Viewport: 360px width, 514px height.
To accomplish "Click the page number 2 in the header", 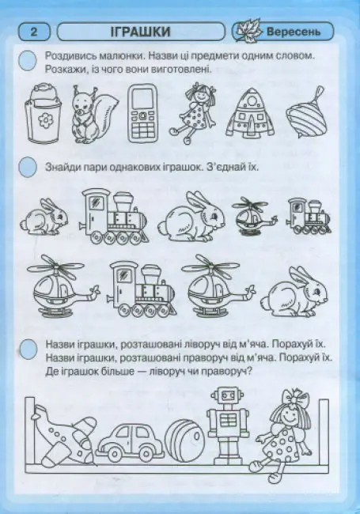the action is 34,32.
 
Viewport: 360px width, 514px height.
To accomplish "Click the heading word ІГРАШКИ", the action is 141,32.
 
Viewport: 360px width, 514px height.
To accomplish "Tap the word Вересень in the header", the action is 293,32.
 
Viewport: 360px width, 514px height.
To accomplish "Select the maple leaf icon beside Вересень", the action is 248,32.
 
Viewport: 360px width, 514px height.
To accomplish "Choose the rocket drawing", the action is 250,112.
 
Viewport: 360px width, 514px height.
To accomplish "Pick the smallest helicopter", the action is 254,216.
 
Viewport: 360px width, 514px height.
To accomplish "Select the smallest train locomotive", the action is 309,216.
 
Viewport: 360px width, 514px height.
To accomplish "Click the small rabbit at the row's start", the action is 44,217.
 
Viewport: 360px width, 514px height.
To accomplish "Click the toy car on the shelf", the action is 130,442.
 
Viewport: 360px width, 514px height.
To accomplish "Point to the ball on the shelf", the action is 185,441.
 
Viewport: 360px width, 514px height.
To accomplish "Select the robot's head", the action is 226,397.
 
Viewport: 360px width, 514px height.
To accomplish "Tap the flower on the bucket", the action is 43,121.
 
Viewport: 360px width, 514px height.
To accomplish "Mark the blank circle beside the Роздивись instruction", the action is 28,61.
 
